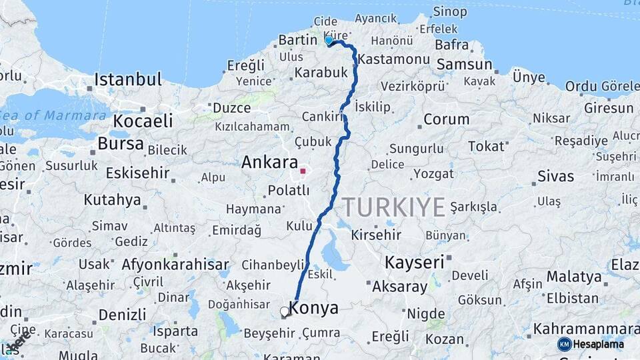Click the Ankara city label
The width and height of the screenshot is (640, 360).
(269, 162)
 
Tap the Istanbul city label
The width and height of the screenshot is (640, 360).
(128, 79)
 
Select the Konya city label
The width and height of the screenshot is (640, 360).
(313, 309)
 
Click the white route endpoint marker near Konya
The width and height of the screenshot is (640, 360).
(285, 311)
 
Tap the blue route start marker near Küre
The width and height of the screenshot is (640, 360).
(329, 41)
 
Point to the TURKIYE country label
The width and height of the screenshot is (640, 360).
(394, 207)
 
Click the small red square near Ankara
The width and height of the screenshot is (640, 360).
(303, 171)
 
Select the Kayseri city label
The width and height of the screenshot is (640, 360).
(414, 262)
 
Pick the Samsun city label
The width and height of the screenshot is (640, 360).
(465, 64)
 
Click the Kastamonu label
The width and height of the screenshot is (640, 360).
(393, 59)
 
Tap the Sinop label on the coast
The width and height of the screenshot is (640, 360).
(450, 11)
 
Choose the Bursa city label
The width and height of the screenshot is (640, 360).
(121, 143)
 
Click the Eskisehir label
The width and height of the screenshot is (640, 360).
(137, 173)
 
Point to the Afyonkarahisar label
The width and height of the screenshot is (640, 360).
(175, 264)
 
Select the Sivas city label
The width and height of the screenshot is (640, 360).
(556, 176)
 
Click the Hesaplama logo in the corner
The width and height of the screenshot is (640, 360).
(591, 344)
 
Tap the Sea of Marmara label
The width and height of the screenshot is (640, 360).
(53, 115)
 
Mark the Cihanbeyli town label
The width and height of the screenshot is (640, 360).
(273, 265)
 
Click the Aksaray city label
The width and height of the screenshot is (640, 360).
(399, 287)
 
